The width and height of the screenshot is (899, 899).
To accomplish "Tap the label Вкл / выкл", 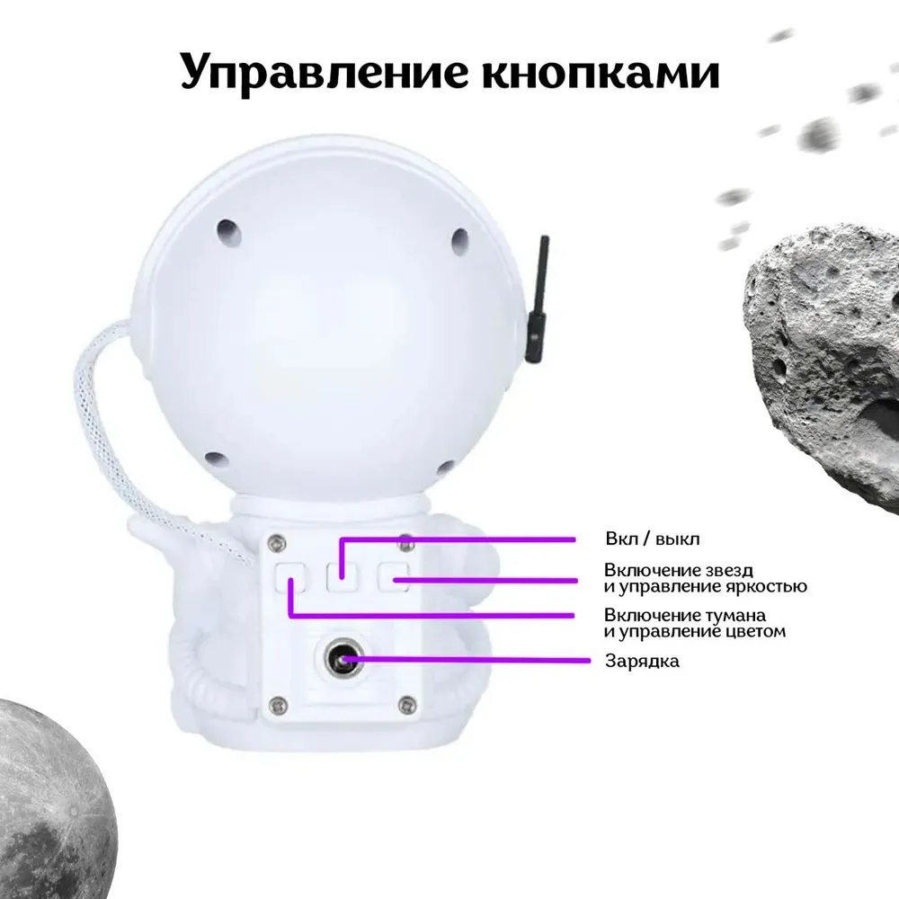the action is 653,539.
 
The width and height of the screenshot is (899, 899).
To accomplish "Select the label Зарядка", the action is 642,661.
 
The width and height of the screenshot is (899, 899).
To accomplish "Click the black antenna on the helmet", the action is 538,299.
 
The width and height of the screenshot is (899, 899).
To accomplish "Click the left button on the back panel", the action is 290,577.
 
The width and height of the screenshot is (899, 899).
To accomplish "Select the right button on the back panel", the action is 393,577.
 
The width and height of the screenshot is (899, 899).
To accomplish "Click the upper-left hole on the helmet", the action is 228,231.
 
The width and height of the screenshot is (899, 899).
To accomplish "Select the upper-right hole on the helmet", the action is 459,241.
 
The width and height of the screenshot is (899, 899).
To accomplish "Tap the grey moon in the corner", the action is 50,799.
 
